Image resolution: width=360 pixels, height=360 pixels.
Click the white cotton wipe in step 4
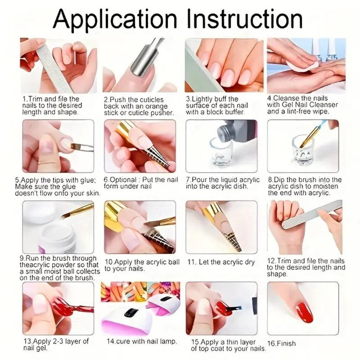click(x=301, y=65)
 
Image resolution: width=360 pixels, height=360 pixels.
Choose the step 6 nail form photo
click(x=139, y=146)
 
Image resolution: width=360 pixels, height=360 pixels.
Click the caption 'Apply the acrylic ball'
click(x=142, y=265)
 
